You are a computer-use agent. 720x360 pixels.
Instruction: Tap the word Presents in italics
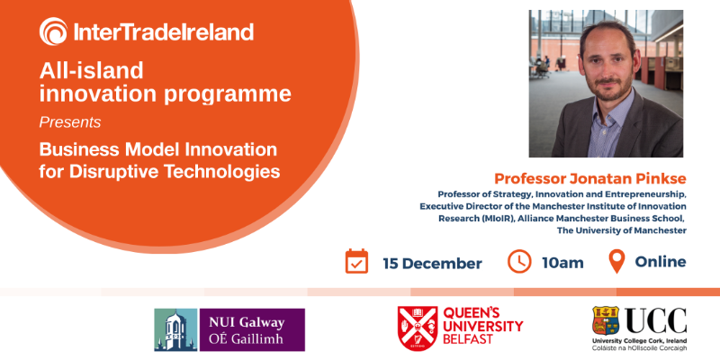(x=70, y=121)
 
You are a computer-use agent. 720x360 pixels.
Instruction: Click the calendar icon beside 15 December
(x=357, y=262)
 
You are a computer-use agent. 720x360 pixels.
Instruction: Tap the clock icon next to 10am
(x=519, y=262)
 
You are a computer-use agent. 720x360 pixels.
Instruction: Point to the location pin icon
(x=616, y=262)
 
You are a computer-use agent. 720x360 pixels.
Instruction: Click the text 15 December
(x=432, y=263)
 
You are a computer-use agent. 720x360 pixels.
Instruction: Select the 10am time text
(x=563, y=263)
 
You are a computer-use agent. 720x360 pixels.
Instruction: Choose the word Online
(x=661, y=263)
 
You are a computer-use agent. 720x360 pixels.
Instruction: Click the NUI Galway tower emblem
(x=174, y=329)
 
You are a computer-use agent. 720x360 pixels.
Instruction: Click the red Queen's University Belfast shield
(x=418, y=328)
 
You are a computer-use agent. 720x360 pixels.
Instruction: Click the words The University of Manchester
(x=622, y=231)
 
